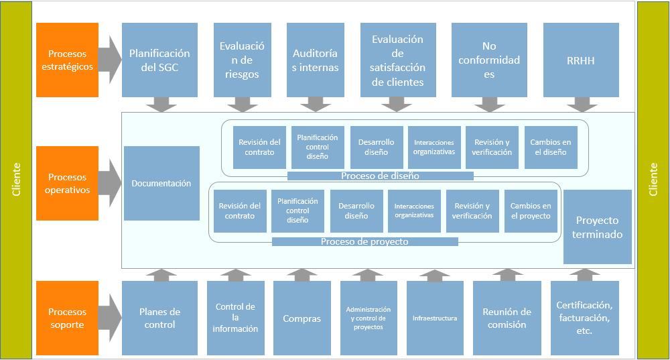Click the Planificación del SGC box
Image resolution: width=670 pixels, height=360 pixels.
pyautogui.click(x=159, y=60)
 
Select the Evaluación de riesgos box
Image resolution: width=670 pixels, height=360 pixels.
pyautogui.click(x=243, y=60)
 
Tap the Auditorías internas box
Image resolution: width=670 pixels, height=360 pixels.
pyautogui.click(x=316, y=60)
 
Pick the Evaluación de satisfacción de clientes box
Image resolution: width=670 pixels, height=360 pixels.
pyautogui.click(x=398, y=60)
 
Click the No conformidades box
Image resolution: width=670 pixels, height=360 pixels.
pyautogui.click(x=489, y=60)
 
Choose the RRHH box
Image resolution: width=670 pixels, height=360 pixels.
pyautogui.click(x=580, y=60)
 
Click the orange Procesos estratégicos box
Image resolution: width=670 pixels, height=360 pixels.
pyautogui.click(x=68, y=60)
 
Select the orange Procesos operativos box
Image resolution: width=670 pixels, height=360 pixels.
pyautogui.click(x=68, y=183)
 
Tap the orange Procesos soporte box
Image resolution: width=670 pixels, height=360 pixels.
pyautogui.click(x=68, y=318)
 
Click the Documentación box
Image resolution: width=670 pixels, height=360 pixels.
pyautogui.click(x=161, y=183)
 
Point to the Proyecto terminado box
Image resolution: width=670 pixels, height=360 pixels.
pyautogui.click(x=598, y=227)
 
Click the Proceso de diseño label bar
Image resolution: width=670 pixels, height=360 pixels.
pyautogui.click(x=380, y=176)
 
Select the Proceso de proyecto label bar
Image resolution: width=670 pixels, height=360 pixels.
pyautogui.click(x=364, y=241)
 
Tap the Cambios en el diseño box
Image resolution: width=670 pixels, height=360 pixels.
pyautogui.click(x=550, y=147)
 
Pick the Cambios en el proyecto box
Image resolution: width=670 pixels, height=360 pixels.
pyautogui.click(x=531, y=211)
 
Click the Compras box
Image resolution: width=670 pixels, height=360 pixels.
pyautogui.click(x=301, y=318)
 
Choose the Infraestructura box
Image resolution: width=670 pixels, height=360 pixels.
pyautogui.click(x=435, y=318)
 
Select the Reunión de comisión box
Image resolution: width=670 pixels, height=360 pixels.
pyautogui.click(x=507, y=318)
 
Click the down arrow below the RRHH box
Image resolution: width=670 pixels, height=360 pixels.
pyautogui.click(x=582, y=104)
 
